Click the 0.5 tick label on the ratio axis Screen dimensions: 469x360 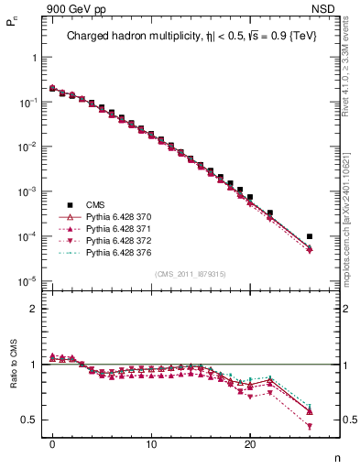(27, 420)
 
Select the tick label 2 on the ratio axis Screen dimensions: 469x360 (32, 309)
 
